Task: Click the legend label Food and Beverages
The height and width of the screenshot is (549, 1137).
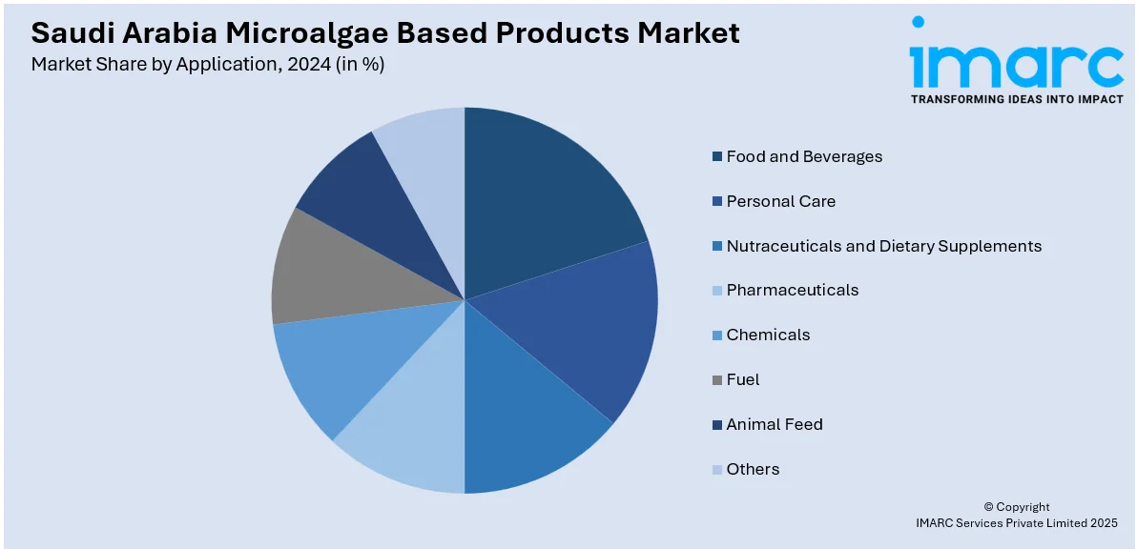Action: click(804, 156)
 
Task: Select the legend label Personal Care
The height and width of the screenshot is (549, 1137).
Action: click(780, 201)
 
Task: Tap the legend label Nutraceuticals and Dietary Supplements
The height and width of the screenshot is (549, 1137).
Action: click(883, 246)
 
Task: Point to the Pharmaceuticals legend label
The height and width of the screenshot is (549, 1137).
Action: click(792, 290)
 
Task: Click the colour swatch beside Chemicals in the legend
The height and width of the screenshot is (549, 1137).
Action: click(716, 335)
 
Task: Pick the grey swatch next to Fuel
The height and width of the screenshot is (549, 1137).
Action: click(716, 379)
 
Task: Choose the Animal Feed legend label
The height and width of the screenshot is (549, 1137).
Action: click(774, 424)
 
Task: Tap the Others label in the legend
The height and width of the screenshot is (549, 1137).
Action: click(753, 469)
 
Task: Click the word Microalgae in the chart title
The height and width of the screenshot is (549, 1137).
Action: click(315, 32)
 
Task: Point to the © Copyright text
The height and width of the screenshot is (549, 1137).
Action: click(1016, 507)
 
